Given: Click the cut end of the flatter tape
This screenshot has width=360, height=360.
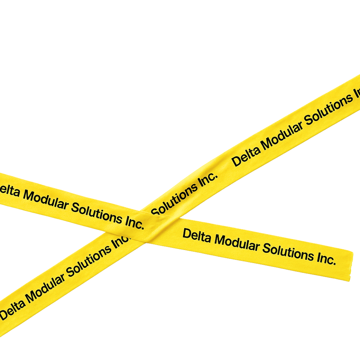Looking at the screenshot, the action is pyautogui.click(x=351, y=266).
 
